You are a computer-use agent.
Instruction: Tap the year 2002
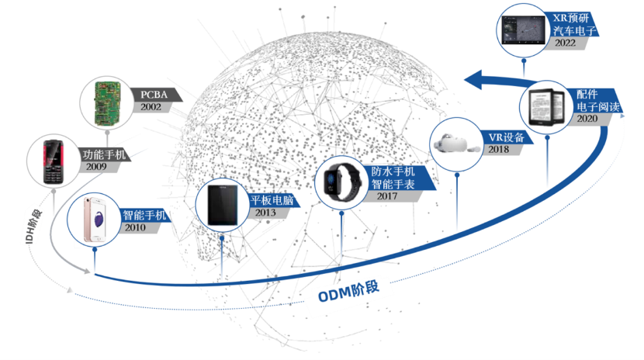coord(151,107)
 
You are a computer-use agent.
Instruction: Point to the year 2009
coord(97,166)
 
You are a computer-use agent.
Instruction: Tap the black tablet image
coord(220,204)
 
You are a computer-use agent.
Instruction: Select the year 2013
coord(266,212)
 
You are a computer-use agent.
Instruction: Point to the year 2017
coord(393,196)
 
